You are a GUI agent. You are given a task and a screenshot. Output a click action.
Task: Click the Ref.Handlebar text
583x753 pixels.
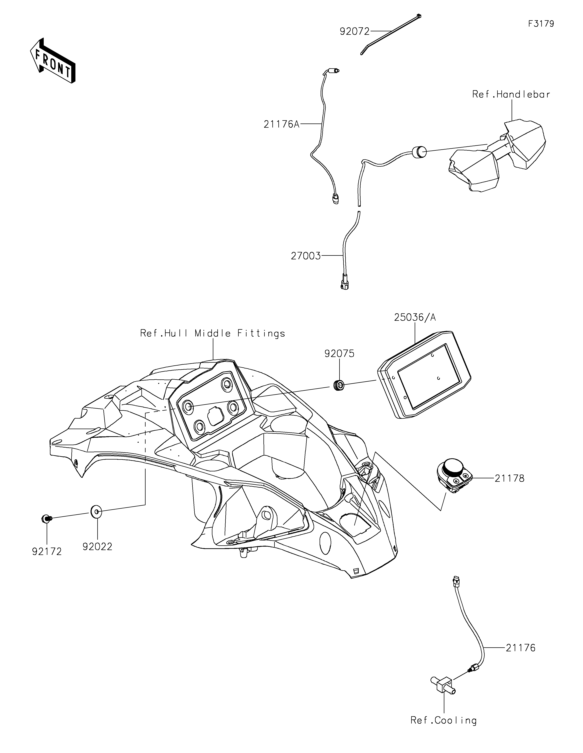pyautogui.click(x=511, y=95)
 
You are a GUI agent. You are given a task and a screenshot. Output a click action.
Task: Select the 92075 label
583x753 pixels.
pyautogui.click(x=339, y=354)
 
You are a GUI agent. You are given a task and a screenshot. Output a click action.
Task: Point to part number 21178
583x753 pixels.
pyautogui.click(x=509, y=478)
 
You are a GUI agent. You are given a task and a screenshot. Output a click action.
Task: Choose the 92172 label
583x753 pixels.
pyautogui.click(x=47, y=552)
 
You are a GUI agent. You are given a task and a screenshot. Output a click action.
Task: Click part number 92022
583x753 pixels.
pyautogui.click(x=98, y=547)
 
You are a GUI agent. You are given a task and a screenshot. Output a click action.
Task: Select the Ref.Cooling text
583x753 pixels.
pyautogui.click(x=443, y=721)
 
